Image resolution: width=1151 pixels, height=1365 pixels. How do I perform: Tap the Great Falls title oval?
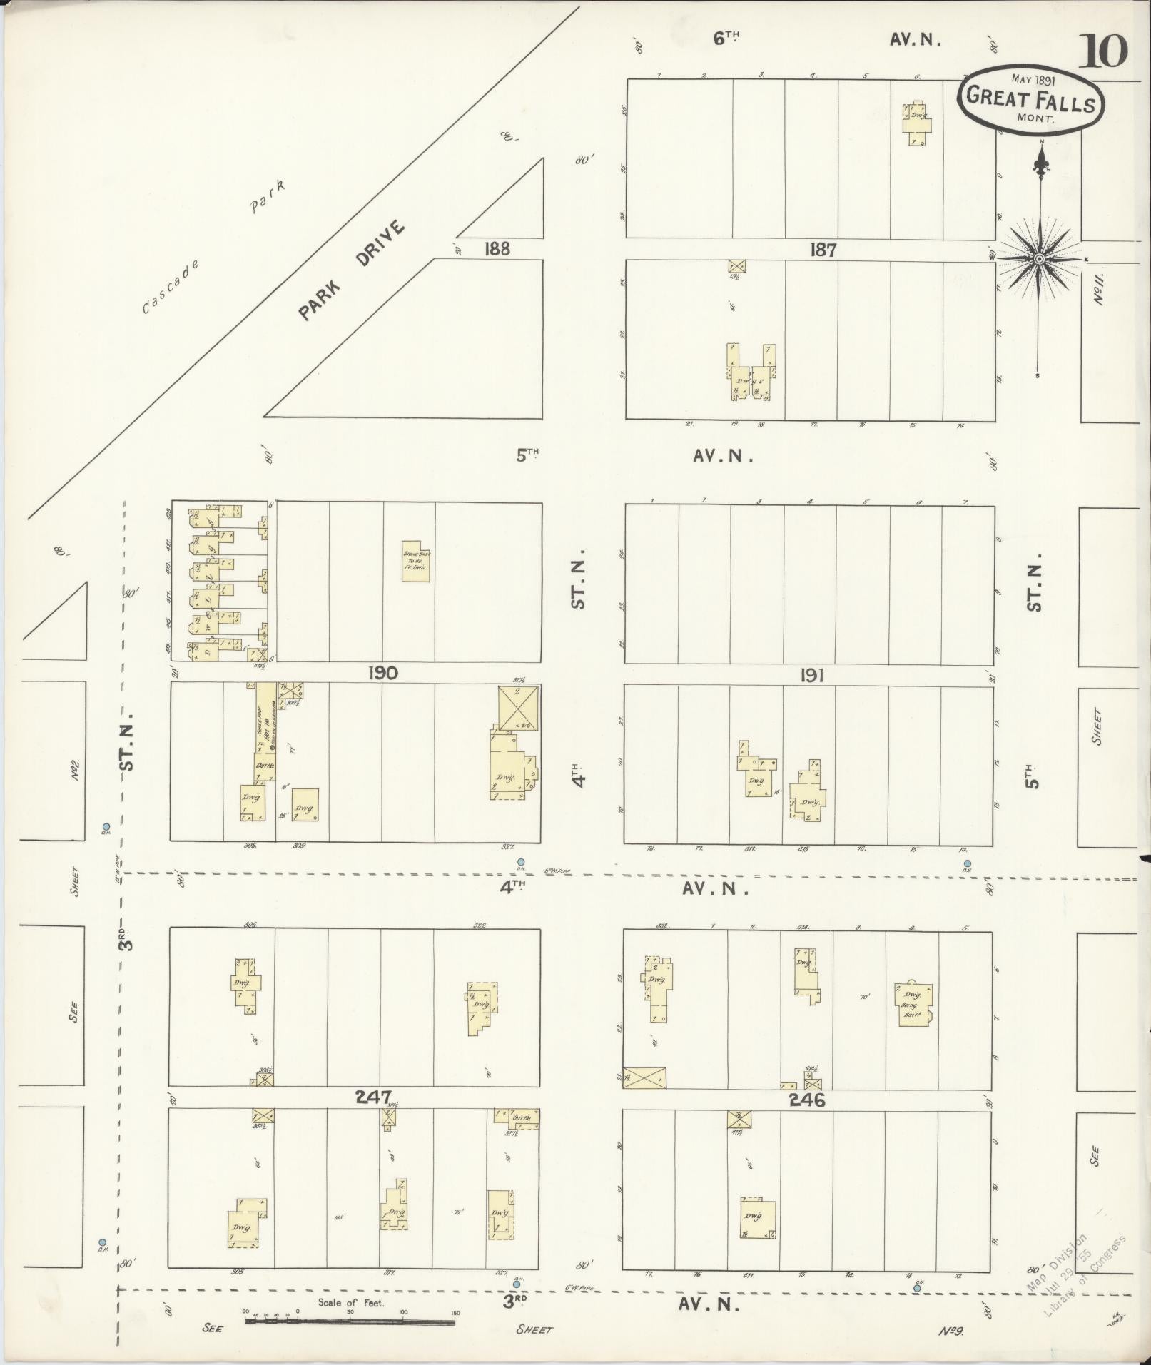pyautogui.click(x=1030, y=101)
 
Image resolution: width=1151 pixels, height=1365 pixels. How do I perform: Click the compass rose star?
pyautogui.click(x=1039, y=258)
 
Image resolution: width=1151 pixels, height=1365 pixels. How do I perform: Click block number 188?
pyautogui.click(x=497, y=248)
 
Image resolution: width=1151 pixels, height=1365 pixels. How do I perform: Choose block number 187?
pyautogui.click(x=823, y=249)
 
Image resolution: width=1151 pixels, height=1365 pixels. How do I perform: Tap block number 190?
pyautogui.click(x=382, y=672)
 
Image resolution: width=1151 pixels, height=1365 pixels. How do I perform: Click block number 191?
pyautogui.click(x=812, y=674)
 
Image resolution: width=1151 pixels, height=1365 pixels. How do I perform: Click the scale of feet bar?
pyautogui.click(x=350, y=1321)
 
